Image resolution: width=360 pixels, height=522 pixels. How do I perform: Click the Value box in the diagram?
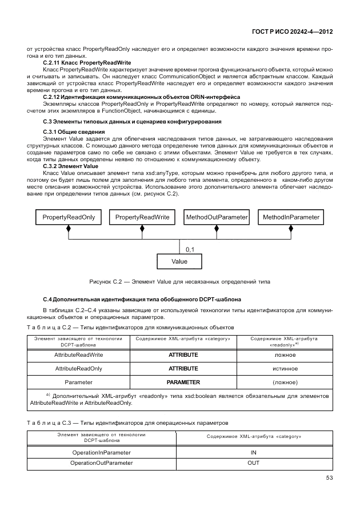(179, 261)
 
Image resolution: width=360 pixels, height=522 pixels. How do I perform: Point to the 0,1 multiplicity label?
(190, 249)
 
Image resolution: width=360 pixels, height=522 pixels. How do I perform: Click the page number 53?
(329, 477)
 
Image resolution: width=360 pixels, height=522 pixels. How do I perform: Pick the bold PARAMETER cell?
(183, 382)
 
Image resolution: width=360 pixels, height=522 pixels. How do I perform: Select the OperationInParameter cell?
(101, 452)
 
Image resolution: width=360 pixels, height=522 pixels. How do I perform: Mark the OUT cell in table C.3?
(253, 463)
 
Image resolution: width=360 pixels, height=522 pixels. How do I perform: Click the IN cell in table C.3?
(253, 452)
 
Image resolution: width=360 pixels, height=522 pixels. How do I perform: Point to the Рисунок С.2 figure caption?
(179, 282)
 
